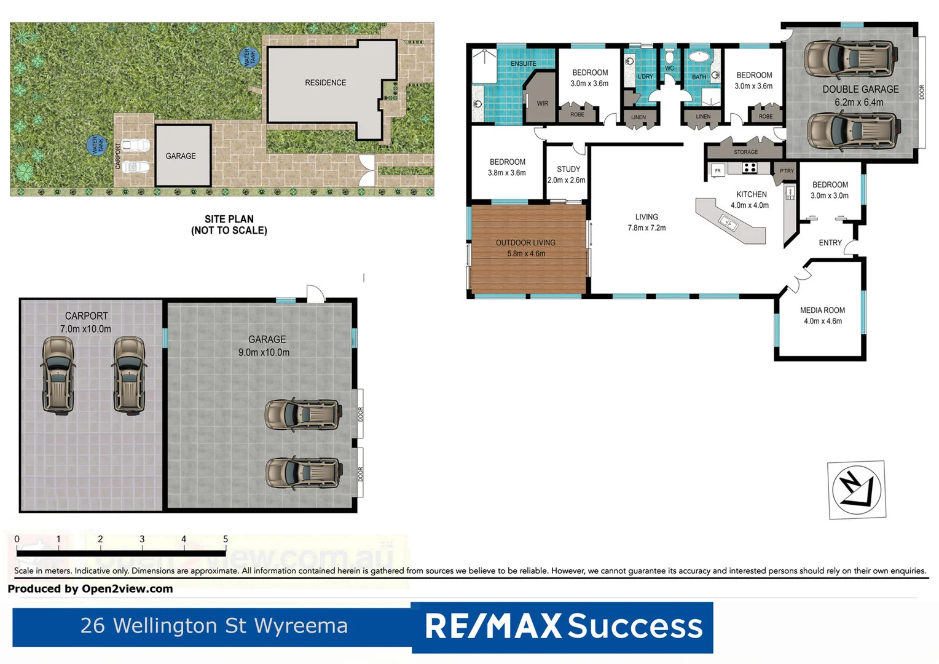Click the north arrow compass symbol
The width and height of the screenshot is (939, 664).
[x=857, y=490]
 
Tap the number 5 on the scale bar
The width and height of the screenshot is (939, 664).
[x=226, y=539]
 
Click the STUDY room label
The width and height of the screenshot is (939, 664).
[x=568, y=169]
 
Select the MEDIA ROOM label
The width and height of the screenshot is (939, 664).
[x=822, y=310]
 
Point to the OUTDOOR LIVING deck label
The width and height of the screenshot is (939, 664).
[x=525, y=243]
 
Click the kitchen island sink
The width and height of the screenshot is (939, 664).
[x=728, y=223]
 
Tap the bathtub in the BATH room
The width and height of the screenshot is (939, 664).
[x=699, y=57]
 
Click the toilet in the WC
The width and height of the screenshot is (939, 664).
[x=669, y=58]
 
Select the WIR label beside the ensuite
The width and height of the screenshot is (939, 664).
[x=542, y=103]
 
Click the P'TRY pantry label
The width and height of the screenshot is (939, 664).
[x=787, y=171]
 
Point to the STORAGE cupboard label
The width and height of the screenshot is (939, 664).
[x=745, y=152]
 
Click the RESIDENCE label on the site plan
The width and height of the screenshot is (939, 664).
[x=325, y=82]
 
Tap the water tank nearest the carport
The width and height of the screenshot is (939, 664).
[x=98, y=146]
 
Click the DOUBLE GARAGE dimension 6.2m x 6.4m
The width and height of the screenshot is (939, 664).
[x=858, y=103]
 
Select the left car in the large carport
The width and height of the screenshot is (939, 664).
[x=58, y=374]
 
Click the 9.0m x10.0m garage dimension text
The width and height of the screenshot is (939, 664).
[x=264, y=352]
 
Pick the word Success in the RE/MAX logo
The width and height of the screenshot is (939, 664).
[x=634, y=626]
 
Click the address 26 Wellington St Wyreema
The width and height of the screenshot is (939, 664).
[x=214, y=626]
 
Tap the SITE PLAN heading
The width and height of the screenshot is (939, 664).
[x=229, y=219]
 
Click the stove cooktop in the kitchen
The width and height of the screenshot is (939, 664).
[x=749, y=167]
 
